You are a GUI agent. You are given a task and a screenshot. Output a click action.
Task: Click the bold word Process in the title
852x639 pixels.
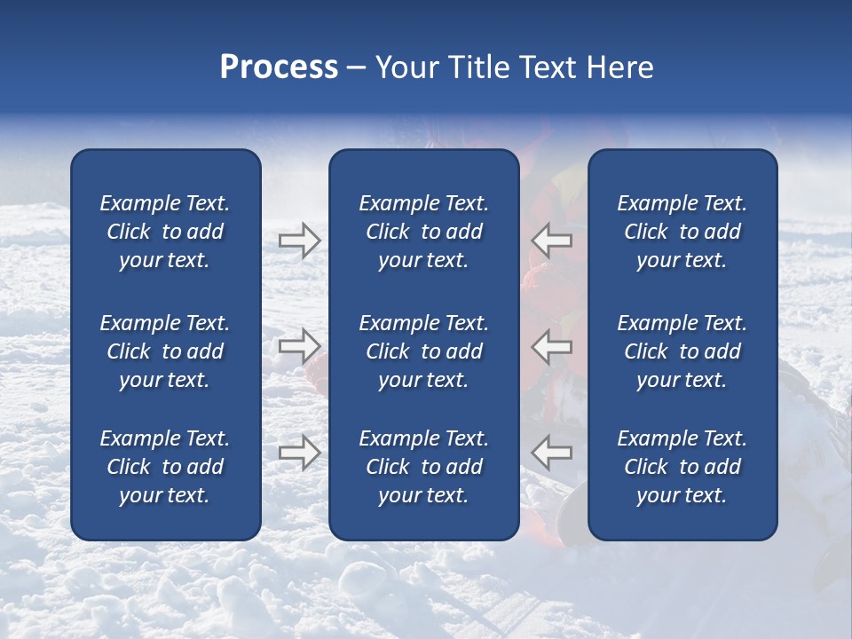(x=279, y=67)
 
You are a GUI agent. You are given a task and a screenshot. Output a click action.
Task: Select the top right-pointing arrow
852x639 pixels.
(x=300, y=241)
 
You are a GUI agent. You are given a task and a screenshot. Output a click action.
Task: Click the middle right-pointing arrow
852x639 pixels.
(x=300, y=346)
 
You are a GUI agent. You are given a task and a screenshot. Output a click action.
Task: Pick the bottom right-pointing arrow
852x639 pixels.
(x=300, y=452)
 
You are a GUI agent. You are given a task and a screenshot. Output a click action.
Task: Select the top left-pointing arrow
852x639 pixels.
(x=552, y=241)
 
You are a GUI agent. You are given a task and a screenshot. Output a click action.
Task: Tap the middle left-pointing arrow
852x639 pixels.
(x=552, y=346)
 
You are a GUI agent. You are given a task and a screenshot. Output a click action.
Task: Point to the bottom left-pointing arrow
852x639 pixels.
(x=552, y=452)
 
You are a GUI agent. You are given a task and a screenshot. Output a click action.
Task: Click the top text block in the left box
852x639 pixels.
(x=165, y=232)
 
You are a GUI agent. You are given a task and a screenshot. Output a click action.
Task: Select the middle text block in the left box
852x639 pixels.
(x=165, y=351)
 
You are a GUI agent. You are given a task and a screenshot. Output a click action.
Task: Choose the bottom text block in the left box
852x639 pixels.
(x=165, y=467)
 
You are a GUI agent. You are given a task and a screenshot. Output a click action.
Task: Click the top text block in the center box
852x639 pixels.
(x=423, y=232)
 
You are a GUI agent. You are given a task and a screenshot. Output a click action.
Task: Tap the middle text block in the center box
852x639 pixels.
(x=423, y=351)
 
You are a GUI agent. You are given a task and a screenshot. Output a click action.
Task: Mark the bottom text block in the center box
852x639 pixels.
(x=423, y=467)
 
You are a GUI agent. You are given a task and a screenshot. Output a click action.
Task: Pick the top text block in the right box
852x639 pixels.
(x=682, y=232)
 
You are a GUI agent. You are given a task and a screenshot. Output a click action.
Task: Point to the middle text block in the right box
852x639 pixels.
(x=682, y=351)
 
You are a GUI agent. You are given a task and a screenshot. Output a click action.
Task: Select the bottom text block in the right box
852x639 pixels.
(x=682, y=467)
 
